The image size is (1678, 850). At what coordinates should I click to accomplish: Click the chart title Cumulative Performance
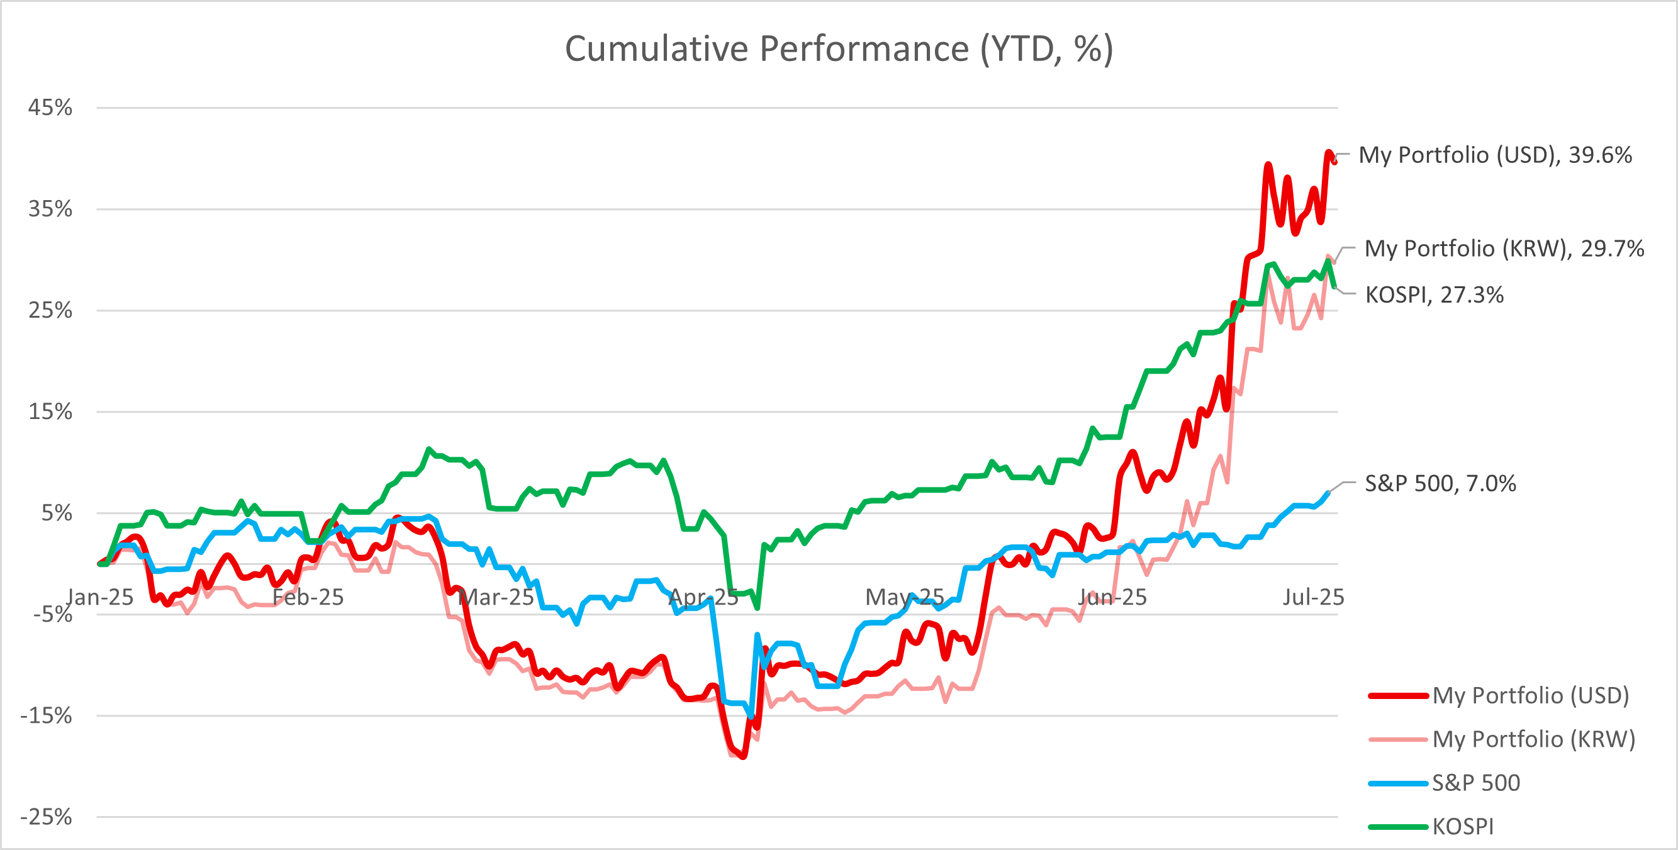839,49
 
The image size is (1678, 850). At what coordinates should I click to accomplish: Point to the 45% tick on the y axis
50,108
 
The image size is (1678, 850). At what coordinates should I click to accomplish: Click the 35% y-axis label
50,209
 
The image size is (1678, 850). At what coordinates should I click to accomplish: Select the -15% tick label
45,716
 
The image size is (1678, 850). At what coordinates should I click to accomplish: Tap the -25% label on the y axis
45,817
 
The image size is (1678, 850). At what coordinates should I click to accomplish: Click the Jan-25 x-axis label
99,596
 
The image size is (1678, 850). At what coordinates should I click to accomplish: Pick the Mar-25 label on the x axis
496,596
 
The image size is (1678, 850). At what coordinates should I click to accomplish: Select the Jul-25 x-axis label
1313,596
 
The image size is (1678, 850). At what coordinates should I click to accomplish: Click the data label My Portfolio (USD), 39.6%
1495,155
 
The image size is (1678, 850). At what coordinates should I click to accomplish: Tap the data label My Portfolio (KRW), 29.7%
1504,248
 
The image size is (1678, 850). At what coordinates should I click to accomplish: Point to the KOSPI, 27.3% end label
1435,294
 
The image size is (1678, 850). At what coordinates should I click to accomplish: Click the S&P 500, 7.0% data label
1440,483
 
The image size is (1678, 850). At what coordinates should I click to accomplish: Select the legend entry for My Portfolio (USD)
1498,696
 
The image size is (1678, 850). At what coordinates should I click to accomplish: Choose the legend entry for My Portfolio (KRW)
1501,739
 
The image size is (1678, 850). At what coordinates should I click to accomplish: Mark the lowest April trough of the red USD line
743,756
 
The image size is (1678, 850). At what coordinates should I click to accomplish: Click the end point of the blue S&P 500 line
1328,493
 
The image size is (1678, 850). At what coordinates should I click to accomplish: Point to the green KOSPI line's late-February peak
428,449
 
